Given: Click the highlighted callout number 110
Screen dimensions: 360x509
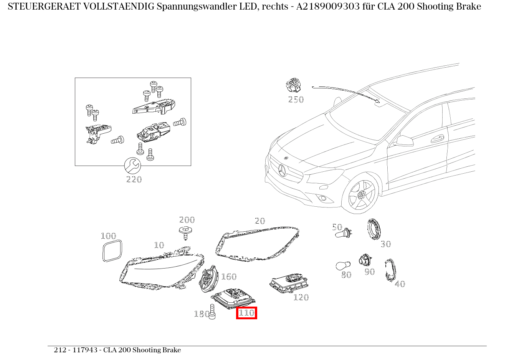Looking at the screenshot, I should pyautogui.click(x=246, y=313).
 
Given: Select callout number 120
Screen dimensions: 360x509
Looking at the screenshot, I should pyautogui.click(x=301, y=297).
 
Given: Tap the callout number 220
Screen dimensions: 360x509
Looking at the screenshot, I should pyautogui.click(x=134, y=179).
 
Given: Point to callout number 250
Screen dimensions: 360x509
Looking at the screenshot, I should pyautogui.click(x=296, y=100).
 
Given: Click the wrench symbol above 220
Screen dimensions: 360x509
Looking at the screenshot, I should pyautogui.click(x=132, y=166).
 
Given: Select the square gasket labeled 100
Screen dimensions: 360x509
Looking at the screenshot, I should pyautogui.click(x=112, y=251).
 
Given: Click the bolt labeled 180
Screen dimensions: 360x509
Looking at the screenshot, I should pyautogui.click(x=212, y=312).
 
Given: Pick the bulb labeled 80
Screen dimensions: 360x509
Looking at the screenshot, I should pyautogui.click(x=342, y=266).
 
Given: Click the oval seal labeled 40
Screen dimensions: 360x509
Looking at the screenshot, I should pyautogui.click(x=390, y=270).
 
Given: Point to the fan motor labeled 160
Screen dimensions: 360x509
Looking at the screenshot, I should pyautogui.click(x=208, y=279).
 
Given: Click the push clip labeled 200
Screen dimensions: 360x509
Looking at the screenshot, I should pyautogui.click(x=186, y=232).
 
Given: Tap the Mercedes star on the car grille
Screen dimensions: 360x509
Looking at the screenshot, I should pyautogui.click(x=283, y=169).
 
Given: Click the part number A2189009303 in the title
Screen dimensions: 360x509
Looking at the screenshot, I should pyautogui.click(x=328, y=7).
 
